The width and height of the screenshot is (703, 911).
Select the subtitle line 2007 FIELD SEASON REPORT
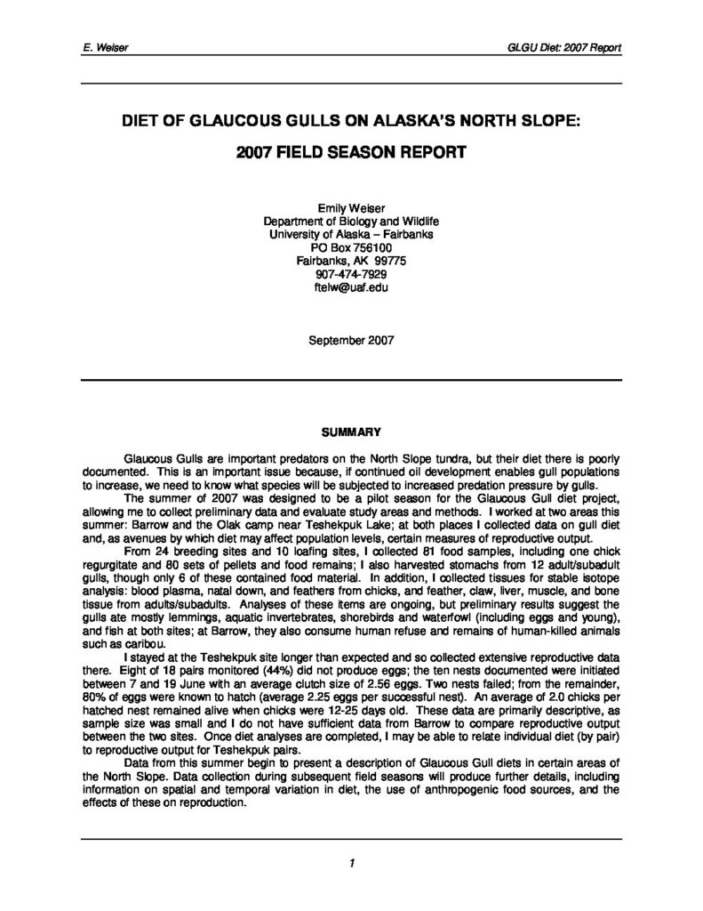pyautogui.click(x=351, y=152)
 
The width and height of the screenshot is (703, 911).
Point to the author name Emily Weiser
pyautogui.click(x=351, y=207)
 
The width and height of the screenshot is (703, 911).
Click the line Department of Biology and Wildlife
pyautogui.click(x=351, y=221)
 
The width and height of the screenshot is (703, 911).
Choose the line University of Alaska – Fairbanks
pyautogui.click(x=351, y=234)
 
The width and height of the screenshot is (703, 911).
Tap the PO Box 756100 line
pyautogui.click(x=351, y=247)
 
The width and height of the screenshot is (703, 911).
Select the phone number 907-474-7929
pyautogui.click(x=351, y=274)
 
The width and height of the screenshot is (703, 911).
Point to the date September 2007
pyautogui.click(x=351, y=339)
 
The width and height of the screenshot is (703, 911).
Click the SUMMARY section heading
pyautogui.click(x=351, y=432)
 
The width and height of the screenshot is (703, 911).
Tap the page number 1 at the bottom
pyautogui.click(x=352, y=862)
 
